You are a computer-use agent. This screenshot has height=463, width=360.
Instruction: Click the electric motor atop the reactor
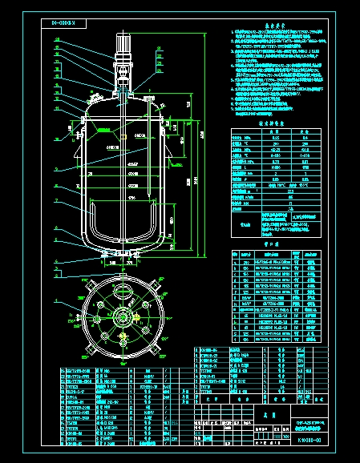point(125,46)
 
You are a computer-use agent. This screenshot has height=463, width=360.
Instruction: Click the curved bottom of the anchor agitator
point(124,240)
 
